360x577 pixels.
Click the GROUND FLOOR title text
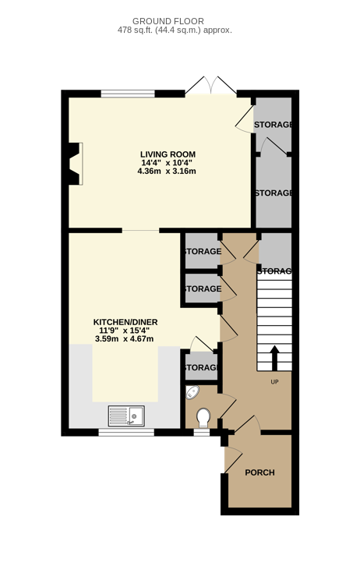tap(168, 21)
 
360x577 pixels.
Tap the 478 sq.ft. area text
tap(175, 30)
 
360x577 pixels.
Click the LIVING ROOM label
tap(168, 154)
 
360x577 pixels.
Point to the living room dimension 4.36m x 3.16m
tap(167, 171)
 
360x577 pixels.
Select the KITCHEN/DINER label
tap(125, 322)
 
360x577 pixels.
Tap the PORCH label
tap(259, 473)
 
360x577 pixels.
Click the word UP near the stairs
tap(275, 382)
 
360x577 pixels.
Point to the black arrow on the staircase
tap(274, 358)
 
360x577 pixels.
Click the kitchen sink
tap(126, 416)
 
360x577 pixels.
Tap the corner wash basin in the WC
tap(192, 392)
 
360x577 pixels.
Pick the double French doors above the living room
tap(210, 86)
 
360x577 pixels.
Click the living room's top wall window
tap(128, 94)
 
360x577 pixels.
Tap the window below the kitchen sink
tap(126, 433)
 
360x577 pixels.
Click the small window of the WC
tap(202, 433)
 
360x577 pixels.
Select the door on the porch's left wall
tap(233, 459)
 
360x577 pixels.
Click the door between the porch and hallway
tap(248, 424)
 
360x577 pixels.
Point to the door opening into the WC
tap(228, 406)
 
